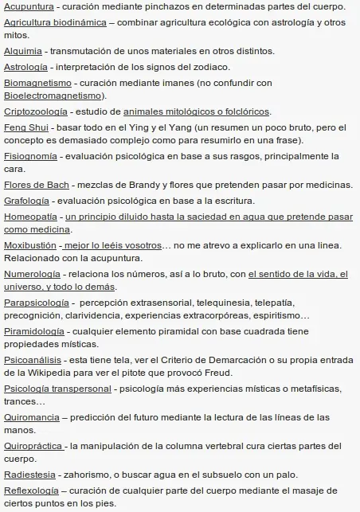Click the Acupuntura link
[29, 6]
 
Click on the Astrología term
[25, 66]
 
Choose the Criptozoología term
[35, 111]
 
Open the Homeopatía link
[30, 216]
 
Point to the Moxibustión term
[31, 244]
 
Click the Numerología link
[32, 274]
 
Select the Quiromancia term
[31, 416]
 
